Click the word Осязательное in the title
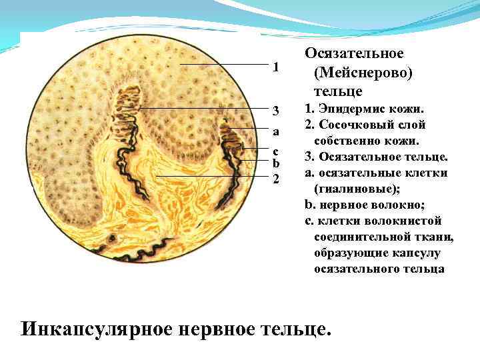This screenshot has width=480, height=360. pos(355,53)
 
